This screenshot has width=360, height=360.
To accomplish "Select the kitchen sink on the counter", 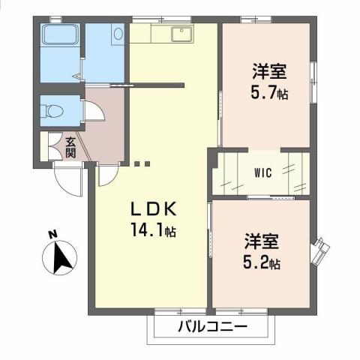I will (x=181, y=33).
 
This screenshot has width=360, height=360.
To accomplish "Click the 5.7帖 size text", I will (x=268, y=94).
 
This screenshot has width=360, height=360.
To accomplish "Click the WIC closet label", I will (x=262, y=172).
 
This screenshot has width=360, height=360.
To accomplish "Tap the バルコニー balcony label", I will (x=213, y=327).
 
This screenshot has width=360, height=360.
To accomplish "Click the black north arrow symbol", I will (x=64, y=259).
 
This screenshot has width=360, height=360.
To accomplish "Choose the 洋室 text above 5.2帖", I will (x=262, y=243).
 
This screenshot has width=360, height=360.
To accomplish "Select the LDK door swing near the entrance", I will (x=106, y=174).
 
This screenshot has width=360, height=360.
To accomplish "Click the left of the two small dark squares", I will (x=137, y=162).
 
